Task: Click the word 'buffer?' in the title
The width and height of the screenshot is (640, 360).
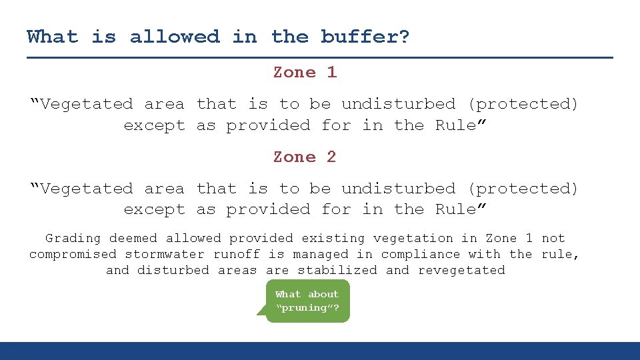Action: [x=365, y=37]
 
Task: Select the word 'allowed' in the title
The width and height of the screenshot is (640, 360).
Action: [x=175, y=37]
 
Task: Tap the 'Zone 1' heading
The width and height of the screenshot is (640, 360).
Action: [x=305, y=72]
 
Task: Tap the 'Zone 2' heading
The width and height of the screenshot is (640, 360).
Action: [x=305, y=157]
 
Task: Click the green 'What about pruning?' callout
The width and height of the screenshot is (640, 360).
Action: [x=307, y=301]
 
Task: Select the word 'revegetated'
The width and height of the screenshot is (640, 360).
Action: [x=461, y=270]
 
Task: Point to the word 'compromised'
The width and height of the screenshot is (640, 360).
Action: [x=73, y=254]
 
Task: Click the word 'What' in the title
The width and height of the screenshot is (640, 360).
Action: [x=52, y=37]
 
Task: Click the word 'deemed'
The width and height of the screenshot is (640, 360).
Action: [x=133, y=238]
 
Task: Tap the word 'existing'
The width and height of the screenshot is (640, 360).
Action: [x=333, y=238]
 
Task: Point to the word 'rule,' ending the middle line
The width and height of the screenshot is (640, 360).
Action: [x=563, y=254]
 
